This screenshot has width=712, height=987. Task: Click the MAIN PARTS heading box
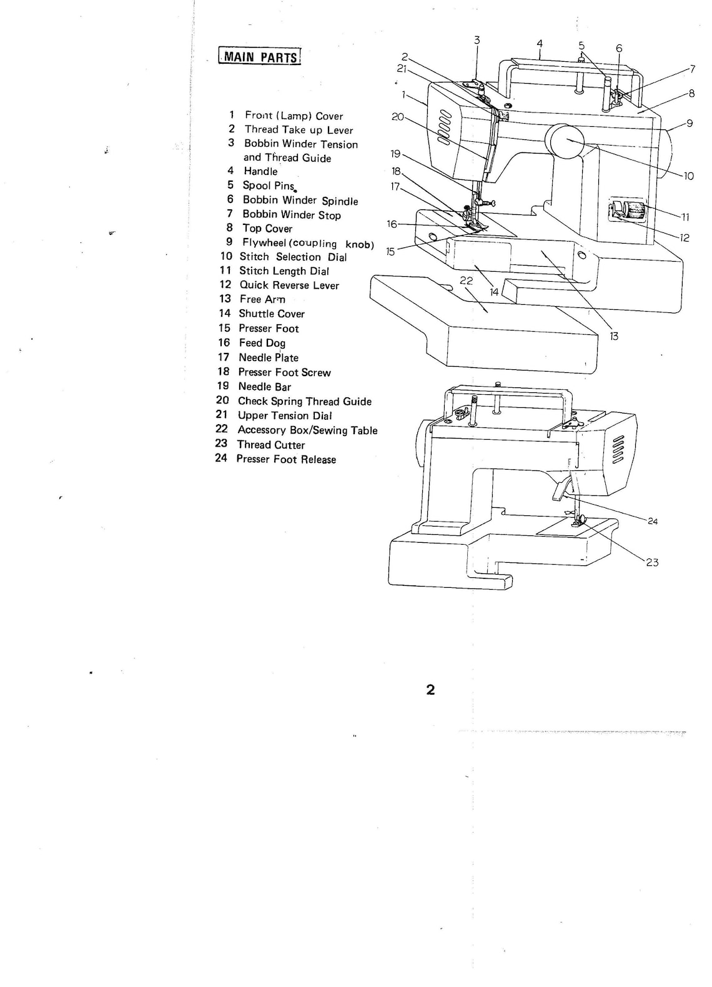260,57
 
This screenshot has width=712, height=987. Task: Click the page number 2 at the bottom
430,690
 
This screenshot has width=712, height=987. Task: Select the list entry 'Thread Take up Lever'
298,130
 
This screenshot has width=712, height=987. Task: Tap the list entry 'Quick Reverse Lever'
289,285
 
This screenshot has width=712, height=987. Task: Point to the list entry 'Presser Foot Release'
285,460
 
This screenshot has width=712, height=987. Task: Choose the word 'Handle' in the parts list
260,172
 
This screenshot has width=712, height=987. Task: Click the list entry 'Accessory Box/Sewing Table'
307,430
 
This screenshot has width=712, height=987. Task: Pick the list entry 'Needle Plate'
268,358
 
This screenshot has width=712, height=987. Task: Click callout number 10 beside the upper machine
688,176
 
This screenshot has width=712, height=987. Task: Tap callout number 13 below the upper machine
614,336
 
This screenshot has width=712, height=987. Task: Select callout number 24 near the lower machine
653,521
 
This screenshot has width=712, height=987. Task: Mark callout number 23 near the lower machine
652,562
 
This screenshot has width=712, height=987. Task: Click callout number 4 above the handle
540,44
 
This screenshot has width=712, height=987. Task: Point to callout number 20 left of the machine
398,117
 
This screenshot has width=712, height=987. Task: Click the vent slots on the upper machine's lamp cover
445,128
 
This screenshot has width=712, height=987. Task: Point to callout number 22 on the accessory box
466,281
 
